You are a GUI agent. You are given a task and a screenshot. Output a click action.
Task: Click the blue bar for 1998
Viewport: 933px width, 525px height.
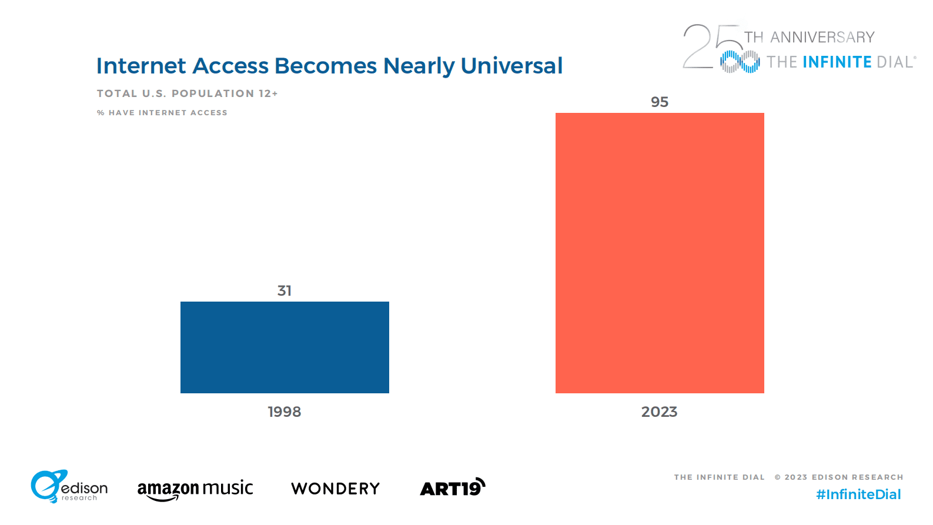[285, 347]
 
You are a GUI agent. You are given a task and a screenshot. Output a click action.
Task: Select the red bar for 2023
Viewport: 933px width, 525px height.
[660, 253]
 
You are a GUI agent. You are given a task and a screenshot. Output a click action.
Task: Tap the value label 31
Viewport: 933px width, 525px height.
[285, 290]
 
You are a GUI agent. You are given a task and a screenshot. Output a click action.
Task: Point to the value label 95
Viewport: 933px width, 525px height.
[660, 102]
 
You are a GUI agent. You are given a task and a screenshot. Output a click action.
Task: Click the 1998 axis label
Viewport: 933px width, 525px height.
[285, 412]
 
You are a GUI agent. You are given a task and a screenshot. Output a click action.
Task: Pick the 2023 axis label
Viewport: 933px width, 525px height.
[659, 412]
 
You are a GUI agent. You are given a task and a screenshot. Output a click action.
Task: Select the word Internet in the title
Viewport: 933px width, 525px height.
[141, 66]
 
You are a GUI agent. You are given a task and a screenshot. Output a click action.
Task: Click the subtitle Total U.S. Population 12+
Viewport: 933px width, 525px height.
[187, 93]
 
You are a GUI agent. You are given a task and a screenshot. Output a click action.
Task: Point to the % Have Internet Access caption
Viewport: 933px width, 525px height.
[162, 112]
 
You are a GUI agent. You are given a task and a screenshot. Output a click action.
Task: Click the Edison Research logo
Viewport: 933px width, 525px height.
[69, 487]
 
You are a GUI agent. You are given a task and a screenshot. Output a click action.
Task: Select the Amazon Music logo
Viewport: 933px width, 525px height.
[195, 489]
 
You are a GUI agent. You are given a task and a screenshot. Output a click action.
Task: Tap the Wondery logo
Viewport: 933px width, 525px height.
[336, 489]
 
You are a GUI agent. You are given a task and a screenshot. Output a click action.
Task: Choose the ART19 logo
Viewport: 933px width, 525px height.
[452, 487]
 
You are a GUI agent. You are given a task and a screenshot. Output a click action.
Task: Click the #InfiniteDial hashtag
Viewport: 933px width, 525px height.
[858, 494]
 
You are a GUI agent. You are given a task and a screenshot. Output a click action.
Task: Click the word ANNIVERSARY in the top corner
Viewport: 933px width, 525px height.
[822, 38]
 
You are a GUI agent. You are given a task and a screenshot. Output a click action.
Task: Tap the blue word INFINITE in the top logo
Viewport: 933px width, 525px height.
[837, 62]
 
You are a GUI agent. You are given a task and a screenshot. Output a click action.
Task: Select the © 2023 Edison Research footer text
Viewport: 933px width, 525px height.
[839, 477]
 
